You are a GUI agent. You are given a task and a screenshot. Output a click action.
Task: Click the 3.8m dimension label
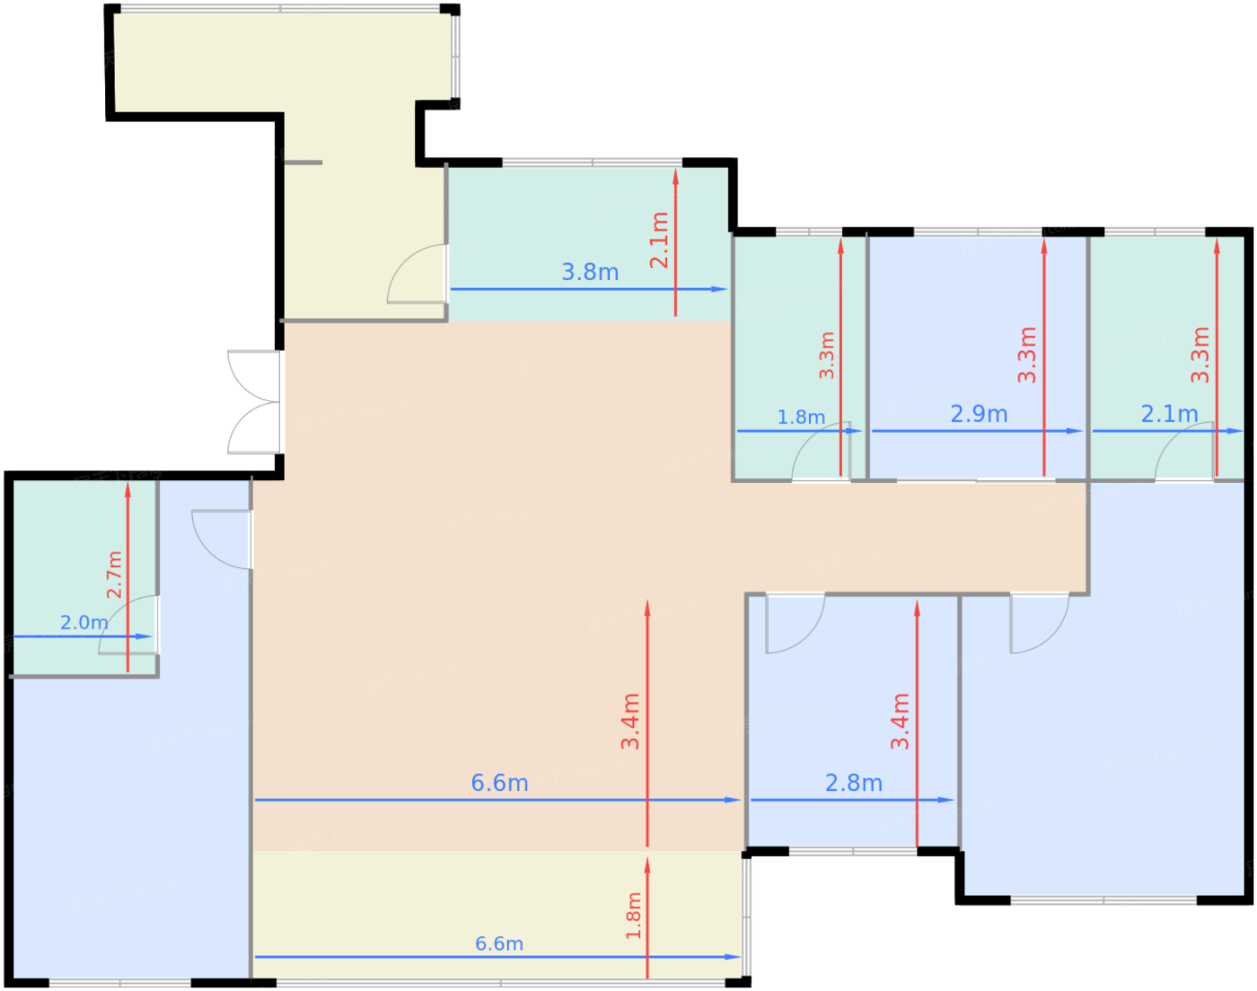[x=590, y=272]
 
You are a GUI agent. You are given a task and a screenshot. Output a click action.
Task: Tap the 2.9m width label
[x=979, y=414]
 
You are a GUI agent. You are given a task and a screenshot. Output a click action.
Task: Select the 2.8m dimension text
[x=853, y=783]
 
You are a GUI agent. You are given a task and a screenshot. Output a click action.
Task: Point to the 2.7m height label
[x=115, y=574]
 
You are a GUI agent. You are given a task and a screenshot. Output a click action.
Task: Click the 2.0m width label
[x=84, y=622]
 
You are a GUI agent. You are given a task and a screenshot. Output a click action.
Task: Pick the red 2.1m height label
[x=659, y=240]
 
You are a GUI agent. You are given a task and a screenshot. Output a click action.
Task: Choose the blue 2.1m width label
[x=1169, y=414]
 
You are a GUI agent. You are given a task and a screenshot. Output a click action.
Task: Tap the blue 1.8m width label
[x=801, y=417]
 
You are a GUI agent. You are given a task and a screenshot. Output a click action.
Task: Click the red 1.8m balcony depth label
[x=634, y=916]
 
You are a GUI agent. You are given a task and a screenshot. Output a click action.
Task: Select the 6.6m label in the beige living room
[x=499, y=783]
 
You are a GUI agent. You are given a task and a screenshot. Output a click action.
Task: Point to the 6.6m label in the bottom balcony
[x=499, y=943]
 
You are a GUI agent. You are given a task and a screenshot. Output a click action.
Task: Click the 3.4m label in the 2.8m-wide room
[x=900, y=721]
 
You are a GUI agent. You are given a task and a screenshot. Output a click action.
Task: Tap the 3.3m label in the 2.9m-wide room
[x=1027, y=355]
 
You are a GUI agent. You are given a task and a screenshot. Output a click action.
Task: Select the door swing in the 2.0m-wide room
[x=127, y=625]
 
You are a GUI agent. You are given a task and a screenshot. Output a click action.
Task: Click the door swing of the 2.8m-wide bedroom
[x=795, y=624]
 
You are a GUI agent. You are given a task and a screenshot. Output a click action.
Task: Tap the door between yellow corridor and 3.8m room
[x=417, y=273]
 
